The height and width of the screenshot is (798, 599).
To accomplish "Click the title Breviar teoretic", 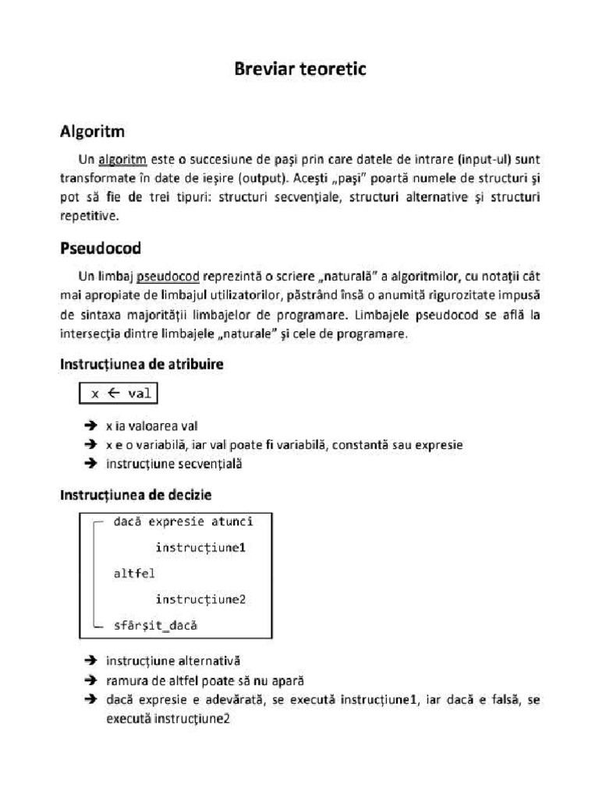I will click(x=299, y=69).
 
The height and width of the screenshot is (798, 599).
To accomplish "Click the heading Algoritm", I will click(x=92, y=132).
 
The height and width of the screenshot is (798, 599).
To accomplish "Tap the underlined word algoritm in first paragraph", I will click(x=122, y=160).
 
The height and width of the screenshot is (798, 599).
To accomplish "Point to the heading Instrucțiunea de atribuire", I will click(x=142, y=364).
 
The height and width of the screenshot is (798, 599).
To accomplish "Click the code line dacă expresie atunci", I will click(x=183, y=521).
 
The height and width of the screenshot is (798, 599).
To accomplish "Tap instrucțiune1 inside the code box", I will click(x=200, y=547).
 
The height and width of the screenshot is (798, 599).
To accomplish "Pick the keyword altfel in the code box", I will click(x=134, y=574).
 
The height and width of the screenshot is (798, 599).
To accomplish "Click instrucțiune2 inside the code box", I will click(x=200, y=599).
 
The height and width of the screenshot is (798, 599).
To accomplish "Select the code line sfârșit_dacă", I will click(x=155, y=625).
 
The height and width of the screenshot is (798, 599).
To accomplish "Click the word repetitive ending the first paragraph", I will click(x=90, y=215).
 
